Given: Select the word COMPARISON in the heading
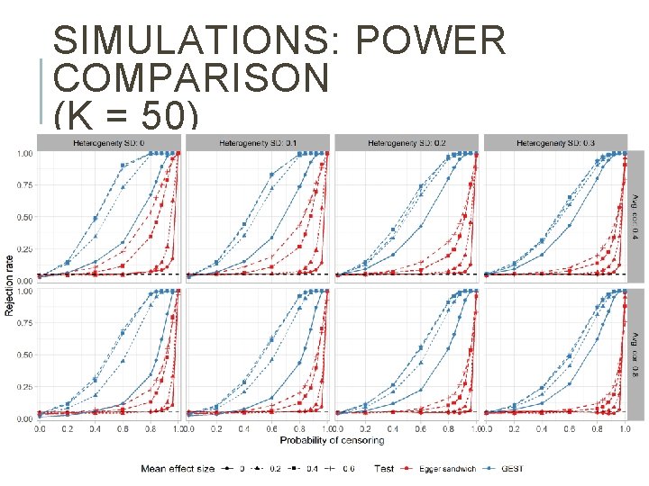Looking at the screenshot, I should click(191, 79).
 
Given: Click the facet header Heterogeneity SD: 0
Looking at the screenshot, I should click(108, 142).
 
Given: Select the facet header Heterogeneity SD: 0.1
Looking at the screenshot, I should click(258, 142).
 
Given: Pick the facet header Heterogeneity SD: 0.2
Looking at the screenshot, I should click(407, 142).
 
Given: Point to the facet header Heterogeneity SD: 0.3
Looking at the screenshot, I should click(557, 142).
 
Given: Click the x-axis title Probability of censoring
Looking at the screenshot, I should click(333, 440).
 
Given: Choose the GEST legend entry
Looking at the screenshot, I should click(510, 468).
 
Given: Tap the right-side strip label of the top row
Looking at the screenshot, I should click(635, 214).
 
